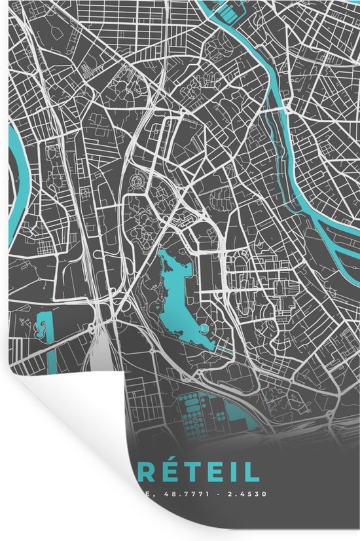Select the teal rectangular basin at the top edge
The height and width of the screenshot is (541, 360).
point(228,9)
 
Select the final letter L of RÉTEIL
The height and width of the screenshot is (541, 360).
point(251,473)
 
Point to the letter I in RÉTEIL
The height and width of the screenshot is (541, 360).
point(239,473)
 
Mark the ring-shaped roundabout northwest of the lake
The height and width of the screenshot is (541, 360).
point(137,179)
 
